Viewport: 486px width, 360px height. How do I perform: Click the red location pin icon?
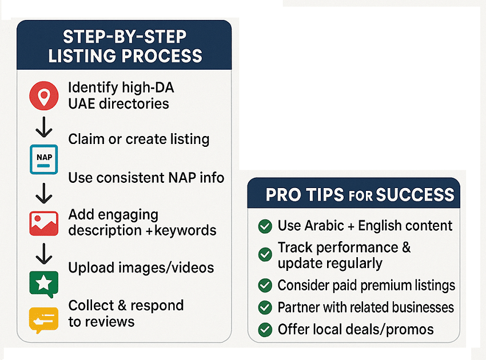click(x=43, y=96)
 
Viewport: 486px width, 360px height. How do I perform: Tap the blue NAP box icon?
click(x=43, y=159)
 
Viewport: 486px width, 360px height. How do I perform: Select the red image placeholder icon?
click(x=43, y=223)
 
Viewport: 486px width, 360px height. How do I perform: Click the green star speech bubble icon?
click(x=43, y=284)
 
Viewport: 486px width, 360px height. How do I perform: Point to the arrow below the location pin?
click(x=44, y=127)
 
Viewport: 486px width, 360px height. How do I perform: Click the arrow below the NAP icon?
click(x=44, y=193)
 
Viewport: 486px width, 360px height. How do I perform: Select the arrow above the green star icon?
click(x=44, y=254)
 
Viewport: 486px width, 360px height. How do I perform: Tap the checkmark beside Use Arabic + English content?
click(x=265, y=226)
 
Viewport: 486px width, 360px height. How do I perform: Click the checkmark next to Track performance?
click(x=265, y=255)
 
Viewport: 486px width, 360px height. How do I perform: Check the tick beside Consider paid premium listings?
click(x=265, y=285)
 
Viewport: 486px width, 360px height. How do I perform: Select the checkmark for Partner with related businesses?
click(x=265, y=307)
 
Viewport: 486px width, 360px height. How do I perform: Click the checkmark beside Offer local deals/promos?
click(x=265, y=330)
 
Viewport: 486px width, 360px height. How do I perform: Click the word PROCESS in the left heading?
click(x=162, y=56)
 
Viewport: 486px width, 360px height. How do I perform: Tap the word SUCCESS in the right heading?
click(x=415, y=195)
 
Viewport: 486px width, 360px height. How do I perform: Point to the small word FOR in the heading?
click(x=360, y=196)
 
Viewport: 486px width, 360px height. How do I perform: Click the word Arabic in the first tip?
click(x=324, y=226)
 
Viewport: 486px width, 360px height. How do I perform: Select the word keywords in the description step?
click(x=185, y=230)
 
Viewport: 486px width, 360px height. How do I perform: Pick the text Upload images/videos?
click(x=141, y=267)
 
